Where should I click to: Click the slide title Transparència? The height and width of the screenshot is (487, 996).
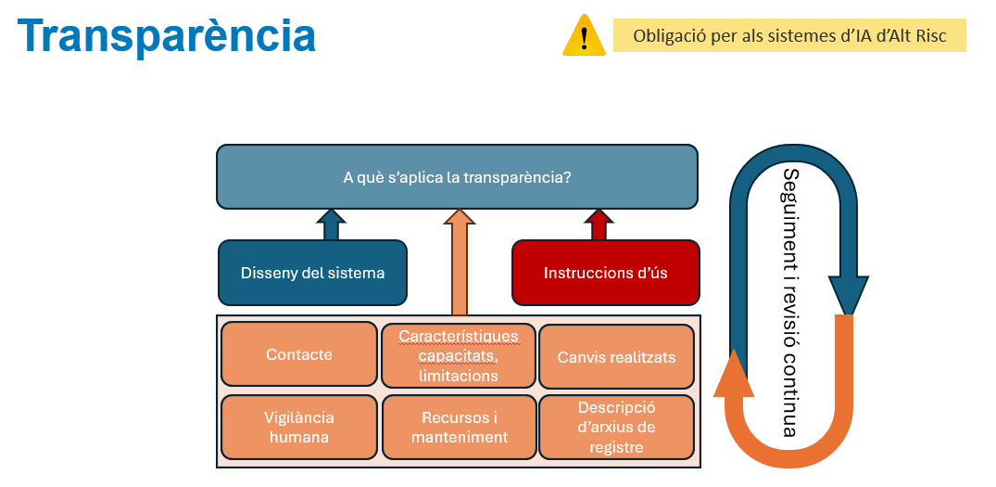pos(167,35)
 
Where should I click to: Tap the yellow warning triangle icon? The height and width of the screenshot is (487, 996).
pos(584,35)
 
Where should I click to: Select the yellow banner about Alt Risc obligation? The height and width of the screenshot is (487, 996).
pos(789,35)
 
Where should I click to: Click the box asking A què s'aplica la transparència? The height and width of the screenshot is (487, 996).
pos(458,177)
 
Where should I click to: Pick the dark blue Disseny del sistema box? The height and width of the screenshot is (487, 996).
pos(312,273)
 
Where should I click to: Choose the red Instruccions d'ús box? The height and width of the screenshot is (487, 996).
pos(605,273)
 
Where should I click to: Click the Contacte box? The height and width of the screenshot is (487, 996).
pos(299,354)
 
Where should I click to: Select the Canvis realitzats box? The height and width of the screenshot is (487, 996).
pos(616,356)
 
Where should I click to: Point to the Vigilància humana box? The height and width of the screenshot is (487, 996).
pos(299,428)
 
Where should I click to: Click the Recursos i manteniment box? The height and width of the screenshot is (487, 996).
pos(460,428)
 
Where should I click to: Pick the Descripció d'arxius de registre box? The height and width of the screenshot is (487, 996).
pos(616,428)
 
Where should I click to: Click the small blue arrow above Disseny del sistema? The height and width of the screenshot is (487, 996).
pos(331,224)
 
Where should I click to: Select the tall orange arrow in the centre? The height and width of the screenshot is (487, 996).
pos(460,262)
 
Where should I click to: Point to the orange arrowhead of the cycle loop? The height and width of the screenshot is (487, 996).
pos(733,374)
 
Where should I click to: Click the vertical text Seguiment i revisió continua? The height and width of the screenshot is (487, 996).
pos(789,302)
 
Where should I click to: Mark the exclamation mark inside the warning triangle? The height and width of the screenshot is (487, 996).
pos(584,38)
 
